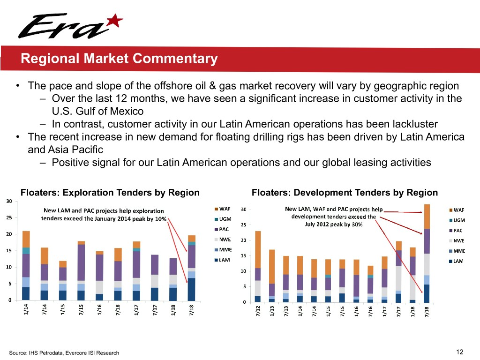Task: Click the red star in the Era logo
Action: tap(115, 21)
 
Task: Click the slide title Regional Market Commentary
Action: tap(119, 59)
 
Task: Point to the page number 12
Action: tap(459, 352)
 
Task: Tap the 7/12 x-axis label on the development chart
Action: tap(258, 312)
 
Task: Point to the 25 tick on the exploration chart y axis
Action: tap(9, 217)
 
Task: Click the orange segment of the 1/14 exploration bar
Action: tap(26, 239)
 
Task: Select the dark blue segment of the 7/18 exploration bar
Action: tap(192, 289)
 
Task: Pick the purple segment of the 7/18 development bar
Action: tap(427, 241)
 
